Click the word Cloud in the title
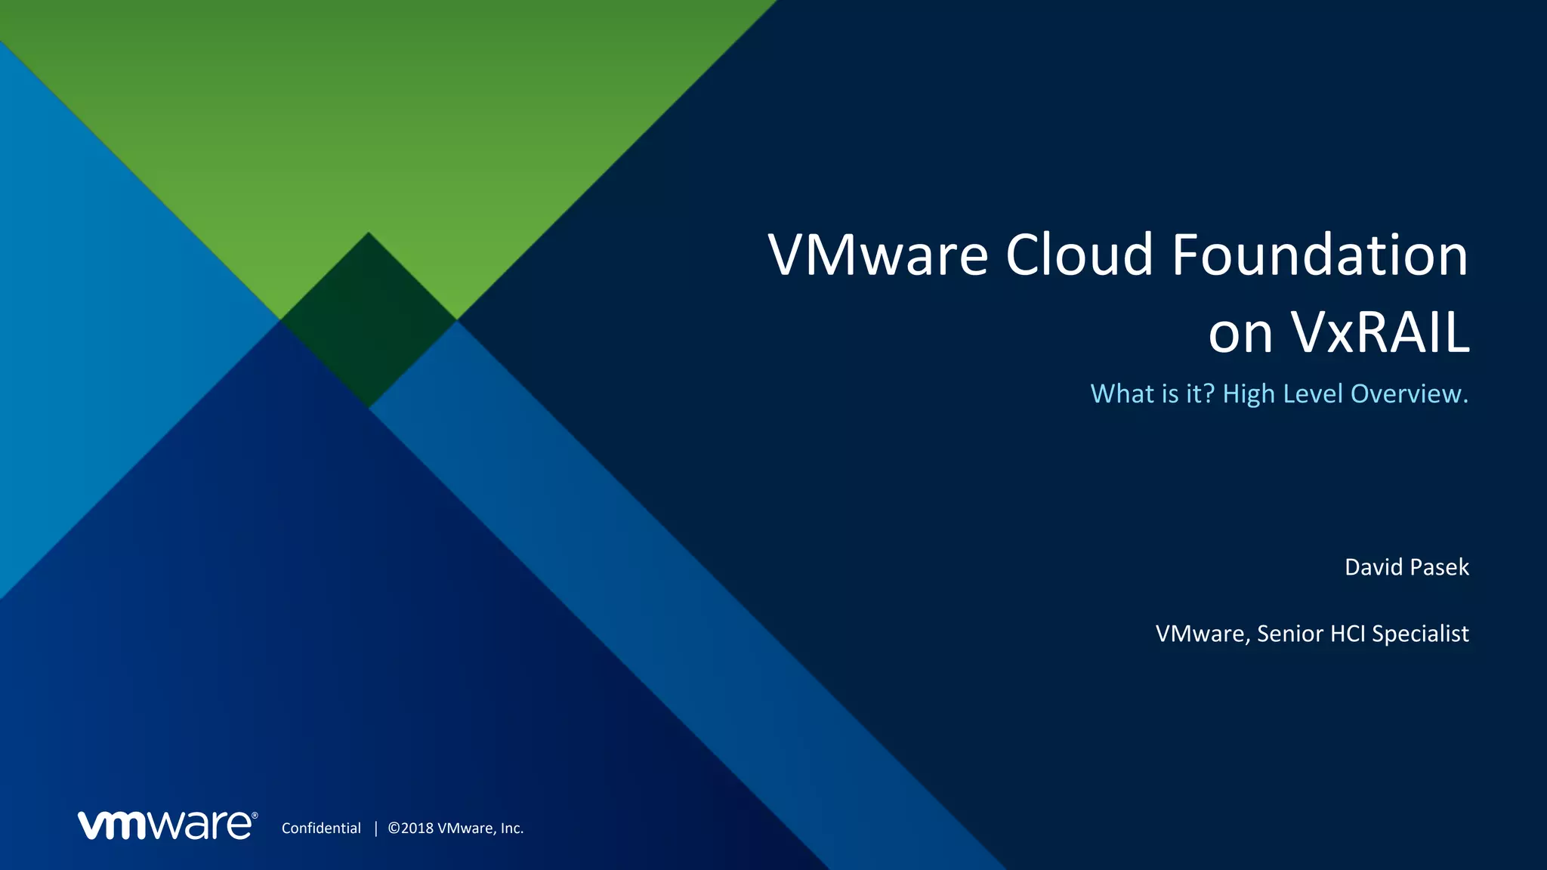(x=1079, y=255)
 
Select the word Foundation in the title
(x=1320, y=255)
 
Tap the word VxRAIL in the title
(x=1380, y=332)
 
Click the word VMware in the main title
(x=878, y=255)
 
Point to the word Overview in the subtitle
(x=1409, y=394)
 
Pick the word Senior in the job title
(x=1289, y=634)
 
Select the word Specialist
(x=1420, y=634)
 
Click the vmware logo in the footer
(x=167, y=825)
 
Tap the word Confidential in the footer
(x=321, y=828)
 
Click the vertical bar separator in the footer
(x=375, y=828)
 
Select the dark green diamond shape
(x=368, y=320)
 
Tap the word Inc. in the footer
(x=511, y=828)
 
